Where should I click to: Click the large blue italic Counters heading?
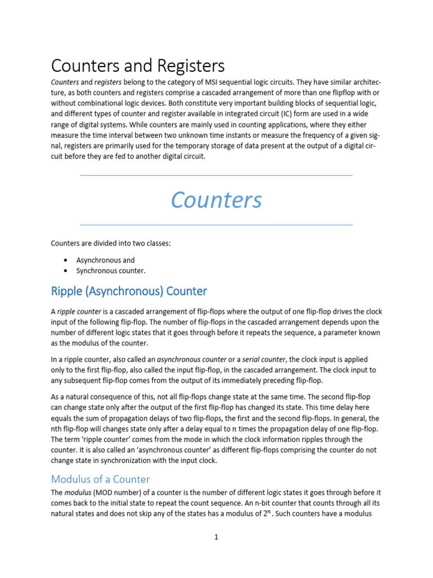point(216,200)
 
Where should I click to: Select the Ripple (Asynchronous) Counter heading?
point(129,291)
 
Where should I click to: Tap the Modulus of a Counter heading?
point(100,479)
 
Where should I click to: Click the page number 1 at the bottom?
point(216,537)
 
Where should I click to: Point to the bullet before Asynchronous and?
point(66,260)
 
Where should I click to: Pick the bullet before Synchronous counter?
point(66,271)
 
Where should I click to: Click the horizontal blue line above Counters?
point(216,176)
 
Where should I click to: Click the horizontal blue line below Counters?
point(216,225)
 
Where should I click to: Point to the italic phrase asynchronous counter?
point(192,359)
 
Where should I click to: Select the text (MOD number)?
point(123,493)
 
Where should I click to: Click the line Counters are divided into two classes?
point(111,244)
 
